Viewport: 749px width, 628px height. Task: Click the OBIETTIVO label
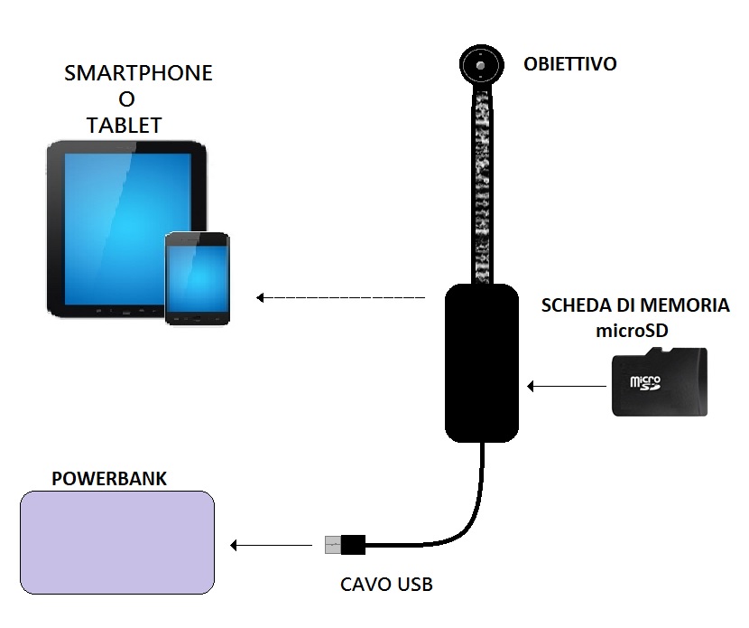569,64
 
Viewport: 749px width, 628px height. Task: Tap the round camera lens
481,65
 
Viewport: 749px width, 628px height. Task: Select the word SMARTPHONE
138,73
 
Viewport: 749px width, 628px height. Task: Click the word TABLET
125,126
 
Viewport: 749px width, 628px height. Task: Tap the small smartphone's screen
198,279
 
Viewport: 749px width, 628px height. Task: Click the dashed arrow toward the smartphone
340,297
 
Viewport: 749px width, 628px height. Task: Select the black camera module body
482,363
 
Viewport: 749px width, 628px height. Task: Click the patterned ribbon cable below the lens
482,185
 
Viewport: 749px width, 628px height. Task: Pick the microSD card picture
659,381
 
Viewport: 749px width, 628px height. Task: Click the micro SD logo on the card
645,382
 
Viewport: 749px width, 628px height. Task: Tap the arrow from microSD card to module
567,386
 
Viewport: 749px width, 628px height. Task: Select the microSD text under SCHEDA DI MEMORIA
632,331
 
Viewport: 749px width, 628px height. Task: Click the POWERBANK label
109,479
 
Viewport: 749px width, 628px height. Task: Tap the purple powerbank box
117,542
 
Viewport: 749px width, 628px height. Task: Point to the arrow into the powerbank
272,545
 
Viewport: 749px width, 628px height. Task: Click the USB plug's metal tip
333,545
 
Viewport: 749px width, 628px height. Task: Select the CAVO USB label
386,585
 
